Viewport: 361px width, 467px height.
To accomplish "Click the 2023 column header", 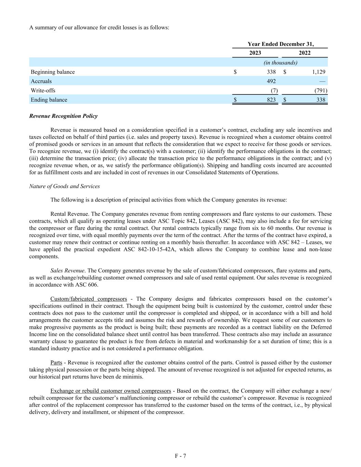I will click(255, 53).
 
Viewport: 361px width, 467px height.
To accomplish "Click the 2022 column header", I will click(305, 53).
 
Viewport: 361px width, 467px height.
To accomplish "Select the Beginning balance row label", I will click(53, 72).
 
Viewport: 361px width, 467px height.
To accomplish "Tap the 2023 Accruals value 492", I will click(271, 81).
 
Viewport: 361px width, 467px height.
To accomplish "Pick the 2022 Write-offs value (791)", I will click(321, 90).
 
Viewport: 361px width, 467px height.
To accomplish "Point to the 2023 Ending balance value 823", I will click(271, 100).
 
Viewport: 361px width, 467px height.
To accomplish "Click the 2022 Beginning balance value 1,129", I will click(319, 72).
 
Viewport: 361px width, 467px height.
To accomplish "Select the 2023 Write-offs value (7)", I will click(274, 90).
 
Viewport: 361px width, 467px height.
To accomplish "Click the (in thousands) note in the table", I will click(280, 63).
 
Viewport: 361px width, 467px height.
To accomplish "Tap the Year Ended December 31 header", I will click(280, 44).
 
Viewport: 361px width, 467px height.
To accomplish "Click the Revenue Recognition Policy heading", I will click(63, 116).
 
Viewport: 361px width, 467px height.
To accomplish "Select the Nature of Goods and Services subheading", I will click(64, 186).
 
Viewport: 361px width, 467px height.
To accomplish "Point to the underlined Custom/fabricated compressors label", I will click(89, 299).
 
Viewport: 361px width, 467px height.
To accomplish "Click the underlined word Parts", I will click(56, 363).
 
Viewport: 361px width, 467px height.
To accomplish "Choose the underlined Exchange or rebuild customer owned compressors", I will click(111, 391).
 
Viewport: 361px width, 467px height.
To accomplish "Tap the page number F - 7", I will click(180, 456).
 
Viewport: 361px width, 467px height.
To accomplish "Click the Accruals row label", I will click(41, 81).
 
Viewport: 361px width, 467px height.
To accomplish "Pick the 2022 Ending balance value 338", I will click(321, 100).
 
